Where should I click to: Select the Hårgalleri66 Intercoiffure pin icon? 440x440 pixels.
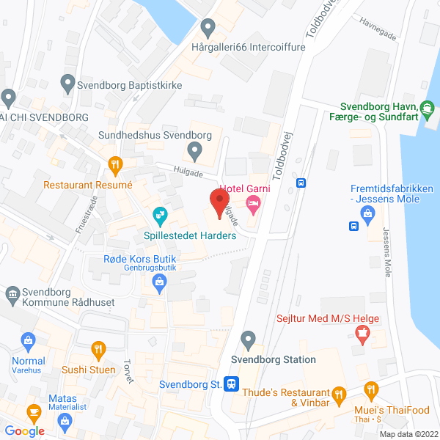pyautogui.click(x=208, y=29)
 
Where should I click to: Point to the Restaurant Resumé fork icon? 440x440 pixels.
pyautogui.click(x=114, y=164)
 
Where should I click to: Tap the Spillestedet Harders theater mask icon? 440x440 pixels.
pyautogui.click(x=158, y=215)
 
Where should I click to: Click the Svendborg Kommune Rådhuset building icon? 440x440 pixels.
pyautogui.click(x=12, y=295)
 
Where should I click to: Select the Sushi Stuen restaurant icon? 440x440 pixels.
pyautogui.click(x=97, y=348)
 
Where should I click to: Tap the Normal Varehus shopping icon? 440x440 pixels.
pyautogui.click(x=28, y=340)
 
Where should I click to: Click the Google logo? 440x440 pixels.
pyautogui.click(x=25, y=431)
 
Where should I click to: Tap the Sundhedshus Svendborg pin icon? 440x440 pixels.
pyautogui.click(x=194, y=152)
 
